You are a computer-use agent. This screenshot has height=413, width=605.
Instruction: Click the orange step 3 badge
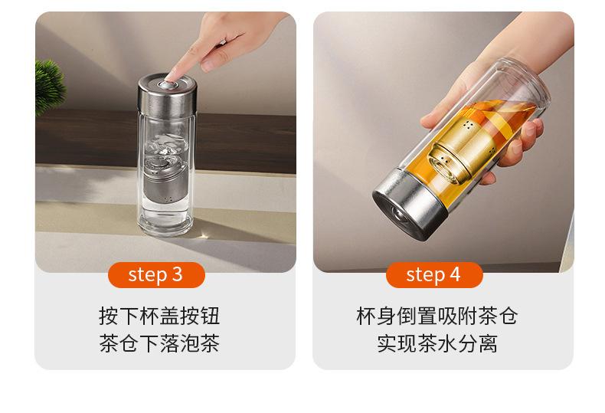pos(156,275)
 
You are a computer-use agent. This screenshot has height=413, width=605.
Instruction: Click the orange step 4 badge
pos(434,275)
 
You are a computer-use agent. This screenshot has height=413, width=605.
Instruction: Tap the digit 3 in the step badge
pos(177,274)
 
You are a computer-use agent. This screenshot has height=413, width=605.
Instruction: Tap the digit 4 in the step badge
pos(455,274)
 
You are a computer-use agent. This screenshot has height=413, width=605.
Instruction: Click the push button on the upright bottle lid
pos(169,84)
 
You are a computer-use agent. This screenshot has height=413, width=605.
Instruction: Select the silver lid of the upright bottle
pos(168,93)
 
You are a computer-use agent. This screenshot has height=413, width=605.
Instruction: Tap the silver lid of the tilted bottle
pos(410,204)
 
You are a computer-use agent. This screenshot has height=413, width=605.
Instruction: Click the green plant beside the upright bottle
pos(49,87)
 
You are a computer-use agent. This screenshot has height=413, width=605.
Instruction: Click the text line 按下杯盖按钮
pos(159,316)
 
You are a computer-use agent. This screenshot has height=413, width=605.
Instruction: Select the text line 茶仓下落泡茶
pos(159,343)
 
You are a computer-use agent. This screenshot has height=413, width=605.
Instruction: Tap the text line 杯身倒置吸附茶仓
pos(437,316)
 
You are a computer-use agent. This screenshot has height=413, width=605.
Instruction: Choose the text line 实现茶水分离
pos(437,343)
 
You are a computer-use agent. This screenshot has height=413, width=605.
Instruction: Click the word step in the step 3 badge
pos(148,275)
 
